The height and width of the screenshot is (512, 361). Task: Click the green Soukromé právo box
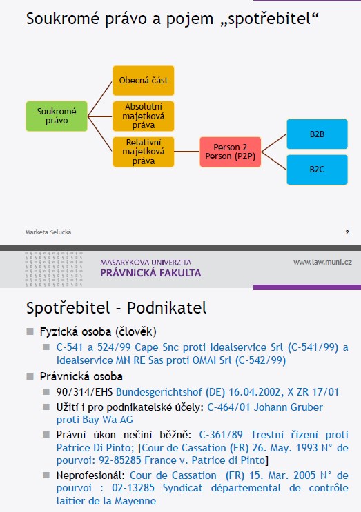[57, 116]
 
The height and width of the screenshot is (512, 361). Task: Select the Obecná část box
[144, 81]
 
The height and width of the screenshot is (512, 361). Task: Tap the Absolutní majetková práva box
[144, 116]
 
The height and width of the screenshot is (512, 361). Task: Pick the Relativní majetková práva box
[144, 152]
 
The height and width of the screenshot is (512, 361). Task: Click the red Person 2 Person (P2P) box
[231, 152]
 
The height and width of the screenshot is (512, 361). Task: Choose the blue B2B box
[318, 134]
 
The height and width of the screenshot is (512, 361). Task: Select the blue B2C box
[318, 170]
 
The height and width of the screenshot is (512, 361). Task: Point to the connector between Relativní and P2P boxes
[187, 152]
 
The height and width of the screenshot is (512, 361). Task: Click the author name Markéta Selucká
[48, 232]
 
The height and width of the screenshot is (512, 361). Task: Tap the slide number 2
[347, 232]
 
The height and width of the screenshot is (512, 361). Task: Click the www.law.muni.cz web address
[322, 262]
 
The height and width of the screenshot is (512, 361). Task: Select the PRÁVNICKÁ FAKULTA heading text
[150, 273]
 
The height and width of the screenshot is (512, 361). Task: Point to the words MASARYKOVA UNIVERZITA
[146, 263]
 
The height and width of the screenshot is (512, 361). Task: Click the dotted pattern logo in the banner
[54, 269]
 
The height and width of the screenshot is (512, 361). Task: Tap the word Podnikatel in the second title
[167, 308]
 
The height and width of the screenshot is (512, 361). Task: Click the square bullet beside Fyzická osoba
[30, 331]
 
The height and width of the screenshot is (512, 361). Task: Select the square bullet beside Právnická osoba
[30, 376]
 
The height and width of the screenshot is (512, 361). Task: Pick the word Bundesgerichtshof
[159, 392]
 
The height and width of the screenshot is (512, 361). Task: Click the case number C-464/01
[229, 407]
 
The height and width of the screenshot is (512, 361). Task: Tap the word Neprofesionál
[90, 475]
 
